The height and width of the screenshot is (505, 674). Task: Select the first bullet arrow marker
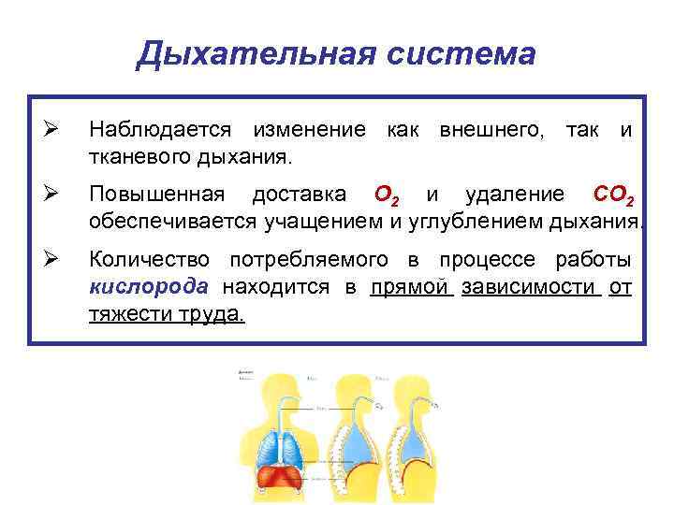click(x=52, y=128)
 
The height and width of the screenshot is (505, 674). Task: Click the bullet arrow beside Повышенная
click(x=52, y=195)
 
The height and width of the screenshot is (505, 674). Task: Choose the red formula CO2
click(x=618, y=196)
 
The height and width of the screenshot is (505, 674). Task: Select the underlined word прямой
click(x=411, y=286)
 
